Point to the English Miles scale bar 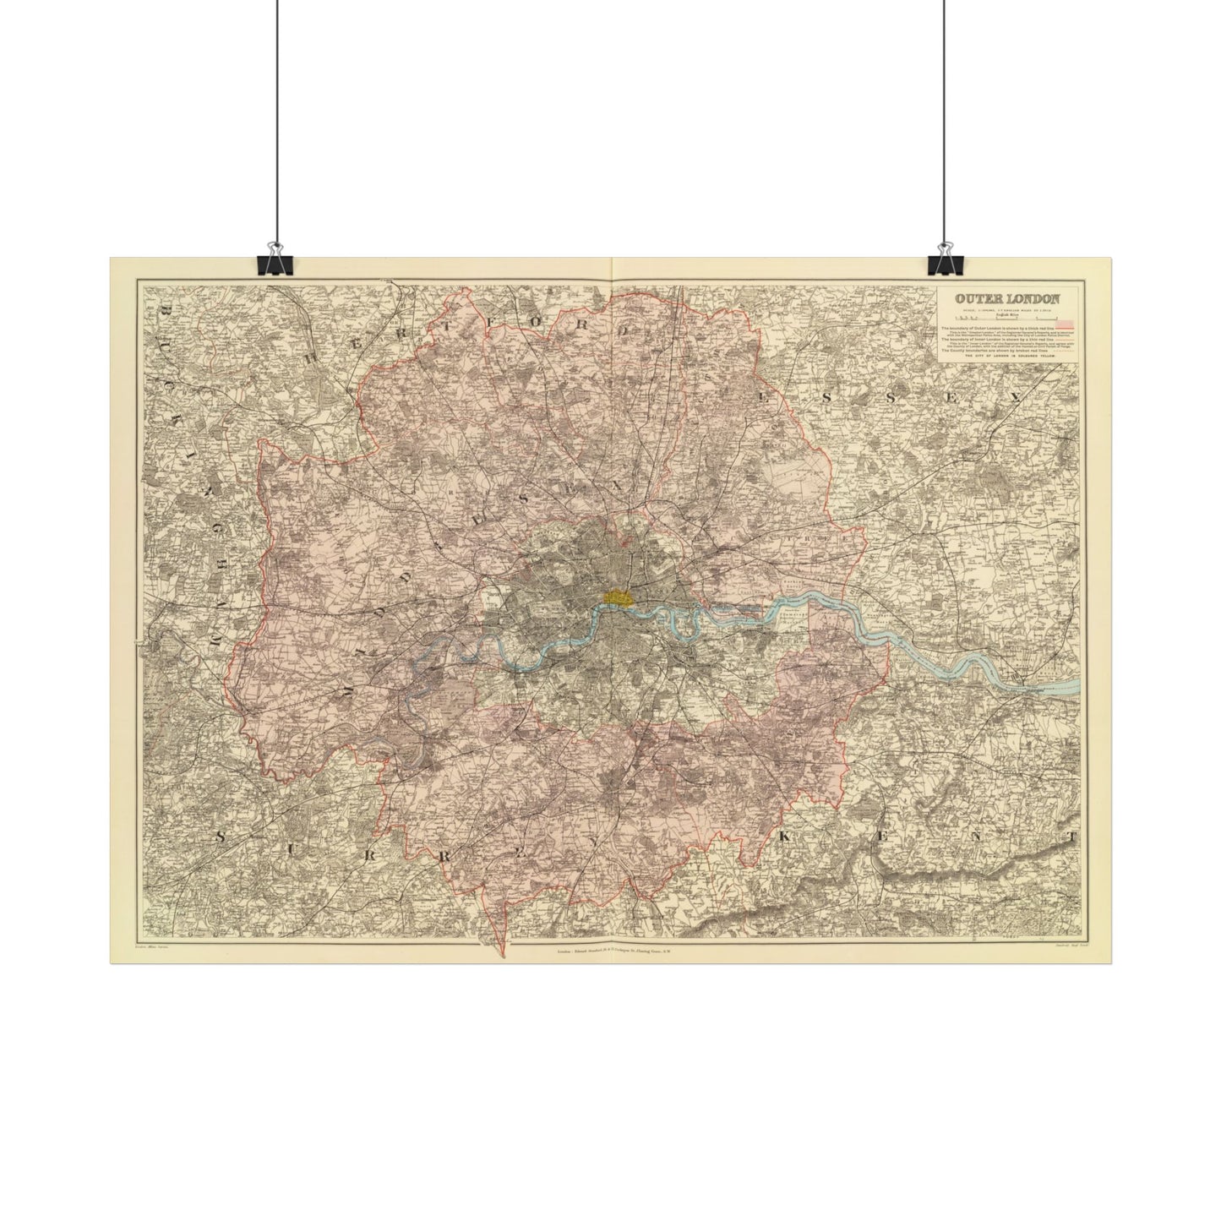pos(1006,319)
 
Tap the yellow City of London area pos(619,597)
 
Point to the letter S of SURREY pos(221,837)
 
